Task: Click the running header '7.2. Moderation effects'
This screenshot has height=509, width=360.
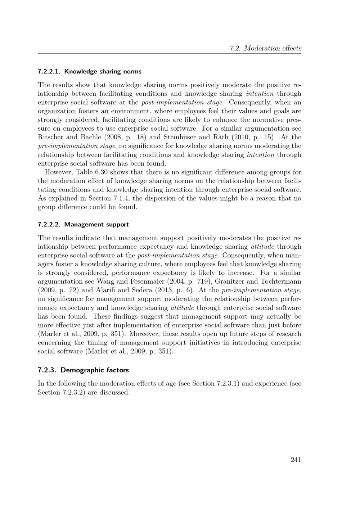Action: pos(265,48)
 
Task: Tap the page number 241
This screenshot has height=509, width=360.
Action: pos(296,460)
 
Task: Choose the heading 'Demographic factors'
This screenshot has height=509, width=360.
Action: pos(95,370)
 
